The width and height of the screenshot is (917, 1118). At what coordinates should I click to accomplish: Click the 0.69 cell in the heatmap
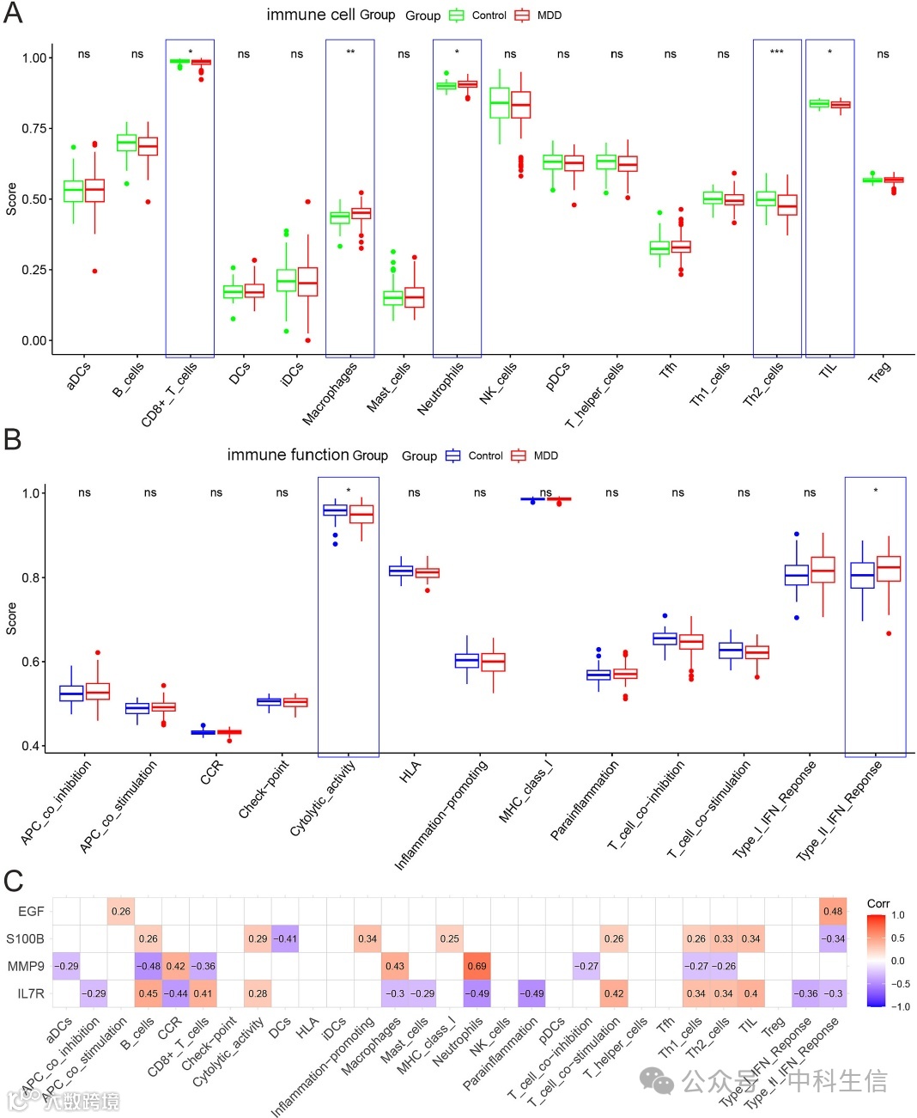(477, 966)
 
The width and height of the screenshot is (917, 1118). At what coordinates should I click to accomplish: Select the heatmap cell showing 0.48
(833, 911)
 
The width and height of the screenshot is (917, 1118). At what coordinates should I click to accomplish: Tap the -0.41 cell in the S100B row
(285, 938)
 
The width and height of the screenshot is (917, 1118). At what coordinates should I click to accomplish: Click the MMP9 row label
(26, 966)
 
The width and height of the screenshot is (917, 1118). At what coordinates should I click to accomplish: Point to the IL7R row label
(30, 993)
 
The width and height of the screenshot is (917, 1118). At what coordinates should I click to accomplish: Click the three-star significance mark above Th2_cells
(777, 52)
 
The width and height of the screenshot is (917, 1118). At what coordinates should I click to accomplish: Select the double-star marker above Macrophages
(350, 53)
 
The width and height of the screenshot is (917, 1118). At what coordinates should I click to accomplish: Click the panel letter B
(12, 440)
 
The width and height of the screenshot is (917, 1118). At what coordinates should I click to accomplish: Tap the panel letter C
(13, 881)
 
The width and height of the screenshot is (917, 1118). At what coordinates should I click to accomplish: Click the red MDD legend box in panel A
(522, 15)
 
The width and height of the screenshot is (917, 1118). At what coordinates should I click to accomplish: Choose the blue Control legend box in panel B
(453, 455)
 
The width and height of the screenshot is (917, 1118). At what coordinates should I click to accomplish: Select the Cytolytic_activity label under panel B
(323, 797)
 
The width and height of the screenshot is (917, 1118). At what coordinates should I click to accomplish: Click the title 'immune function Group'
(307, 455)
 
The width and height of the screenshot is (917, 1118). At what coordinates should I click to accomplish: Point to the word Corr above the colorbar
(878, 903)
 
